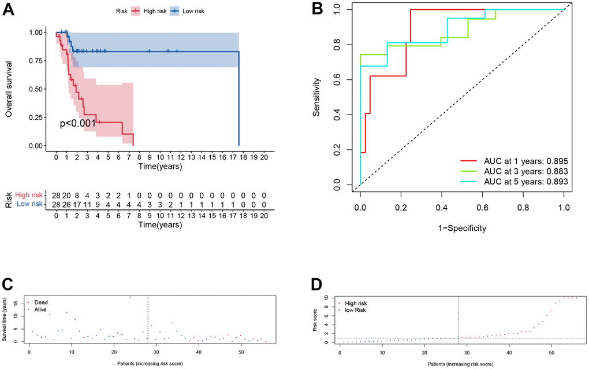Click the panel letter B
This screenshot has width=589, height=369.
pyautogui.click(x=316, y=10)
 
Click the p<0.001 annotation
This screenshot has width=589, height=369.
pyautogui.click(x=78, y=123)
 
